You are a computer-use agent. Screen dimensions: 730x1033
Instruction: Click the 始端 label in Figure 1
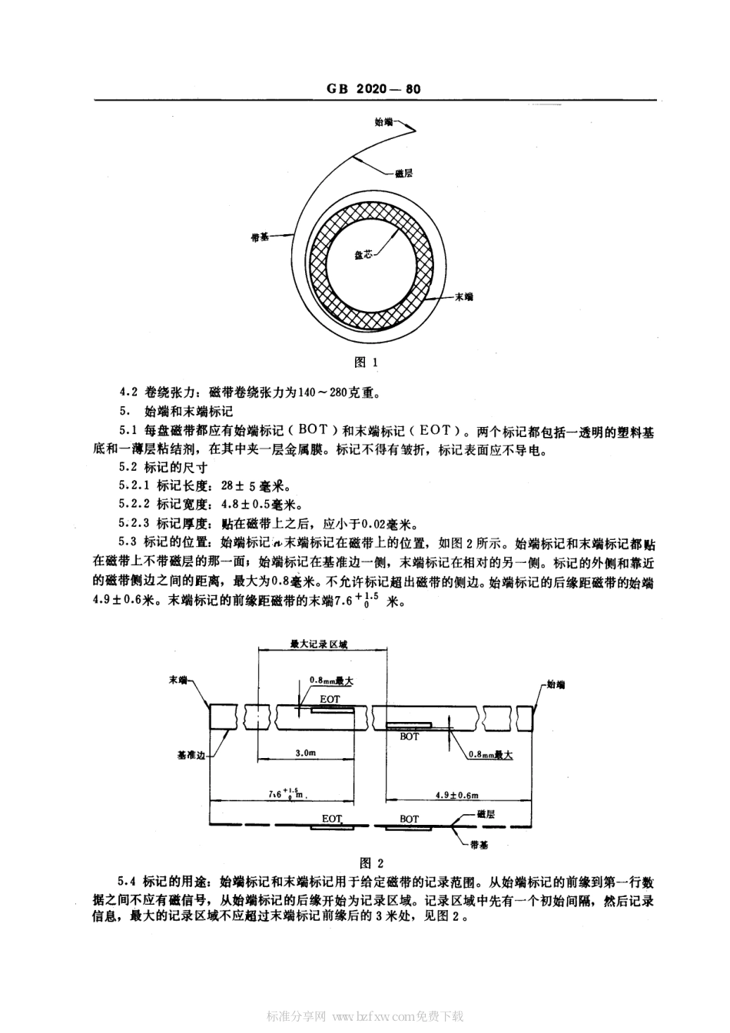(383, 121)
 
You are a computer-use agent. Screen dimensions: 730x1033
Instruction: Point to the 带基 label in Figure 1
(260, 237)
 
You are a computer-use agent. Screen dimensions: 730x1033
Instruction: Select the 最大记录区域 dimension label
(318, 644)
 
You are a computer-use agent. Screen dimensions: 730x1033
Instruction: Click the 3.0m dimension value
(305, 754)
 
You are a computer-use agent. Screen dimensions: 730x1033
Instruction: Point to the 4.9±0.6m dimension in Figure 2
(456, 795)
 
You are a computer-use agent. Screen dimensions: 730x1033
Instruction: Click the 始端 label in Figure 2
(555, 683)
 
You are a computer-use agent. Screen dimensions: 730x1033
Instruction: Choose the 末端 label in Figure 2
(178, 680)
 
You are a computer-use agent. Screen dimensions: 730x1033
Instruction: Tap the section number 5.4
(127, 882)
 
